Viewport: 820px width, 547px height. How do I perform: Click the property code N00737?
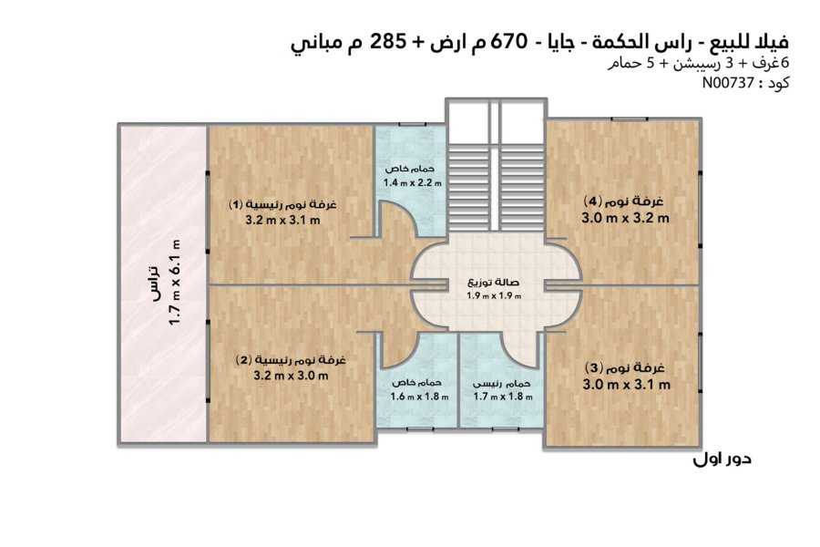pyautogui.click(x=728, y=83)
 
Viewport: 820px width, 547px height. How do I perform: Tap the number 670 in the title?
pyautogui.click(x=508, y=41)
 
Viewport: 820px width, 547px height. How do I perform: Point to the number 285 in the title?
pyautogui.click(x=388, y=41)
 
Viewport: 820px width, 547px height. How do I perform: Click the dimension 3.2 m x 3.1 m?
pyautogui.click(x=282, y=221)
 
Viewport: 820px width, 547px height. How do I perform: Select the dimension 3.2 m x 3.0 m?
pyautogui.click(x=291, y=376)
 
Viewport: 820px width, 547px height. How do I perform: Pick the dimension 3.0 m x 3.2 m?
pyautogui.click(x=625, y=218)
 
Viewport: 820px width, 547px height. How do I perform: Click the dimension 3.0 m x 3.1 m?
pyautogui.click(x=627, y=385)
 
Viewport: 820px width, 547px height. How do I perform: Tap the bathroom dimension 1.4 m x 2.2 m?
pyautogui.click(x=412, y=183)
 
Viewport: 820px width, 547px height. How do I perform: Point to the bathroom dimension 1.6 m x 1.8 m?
pyautogui.click(x=419, y=397)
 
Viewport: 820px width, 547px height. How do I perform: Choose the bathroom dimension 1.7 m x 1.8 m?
pyautogui.click(x=503, y=397)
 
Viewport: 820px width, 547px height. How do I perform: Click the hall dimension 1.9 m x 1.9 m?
pyautogui.click(x=494, y=296)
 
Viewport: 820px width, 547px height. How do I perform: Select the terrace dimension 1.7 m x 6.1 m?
pyautogui.click(x=175, y=282)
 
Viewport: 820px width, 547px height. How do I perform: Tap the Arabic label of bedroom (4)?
pyautogui.click(x=623, y=201)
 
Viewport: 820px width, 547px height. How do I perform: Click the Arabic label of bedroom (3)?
pyautogui.click(x=624, y=367)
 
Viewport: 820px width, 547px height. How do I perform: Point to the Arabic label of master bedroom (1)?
pyautogui.click(x=282, y=203)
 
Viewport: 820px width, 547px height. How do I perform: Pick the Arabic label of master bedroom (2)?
pyautogui.click(x=291, y=360)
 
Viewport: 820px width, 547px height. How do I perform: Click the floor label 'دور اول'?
pyautogui.click(x=723, y=459)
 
